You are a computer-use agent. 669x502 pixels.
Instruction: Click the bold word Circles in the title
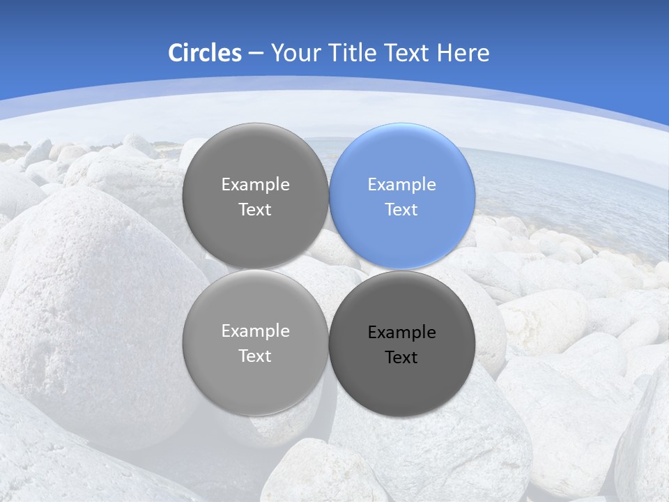205,53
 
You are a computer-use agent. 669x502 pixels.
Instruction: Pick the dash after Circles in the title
255,54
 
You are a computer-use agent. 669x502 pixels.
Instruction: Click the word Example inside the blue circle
401,185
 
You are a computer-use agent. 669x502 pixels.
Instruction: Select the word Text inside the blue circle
401,210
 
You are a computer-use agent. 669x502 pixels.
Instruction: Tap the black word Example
401,333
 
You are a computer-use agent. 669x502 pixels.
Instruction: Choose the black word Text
401,358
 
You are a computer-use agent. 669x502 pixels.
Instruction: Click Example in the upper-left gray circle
255,185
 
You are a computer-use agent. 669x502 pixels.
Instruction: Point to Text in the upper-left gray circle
255,210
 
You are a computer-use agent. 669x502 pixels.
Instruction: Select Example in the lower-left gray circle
255,331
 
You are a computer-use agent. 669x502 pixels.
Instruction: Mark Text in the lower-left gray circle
255,356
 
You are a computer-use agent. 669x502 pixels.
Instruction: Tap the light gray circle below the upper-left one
255,390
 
